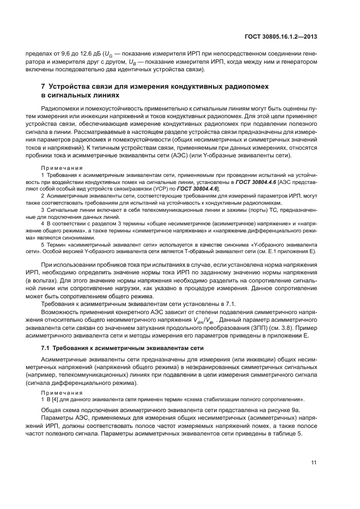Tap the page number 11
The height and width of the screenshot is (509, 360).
click(x=314, y=463)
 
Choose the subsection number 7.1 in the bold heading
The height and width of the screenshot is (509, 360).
click(x=46, y=347)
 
